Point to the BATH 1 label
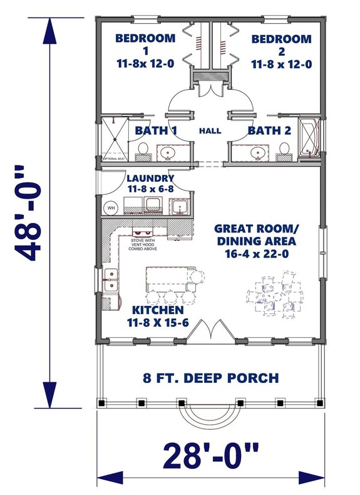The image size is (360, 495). (x=156, y=131)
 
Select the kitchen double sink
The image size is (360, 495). (x=112, y=279)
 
